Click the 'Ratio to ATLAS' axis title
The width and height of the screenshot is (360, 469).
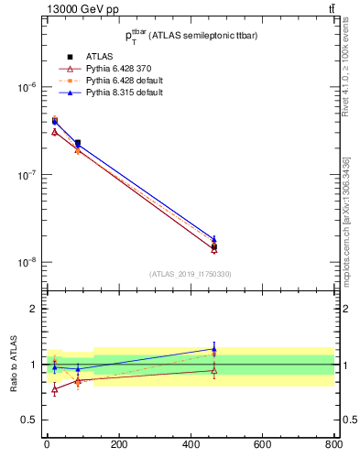click(12, 364)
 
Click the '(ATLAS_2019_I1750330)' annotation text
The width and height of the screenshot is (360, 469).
click(190, 274)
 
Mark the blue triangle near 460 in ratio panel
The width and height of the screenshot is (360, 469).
click(213, 349)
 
